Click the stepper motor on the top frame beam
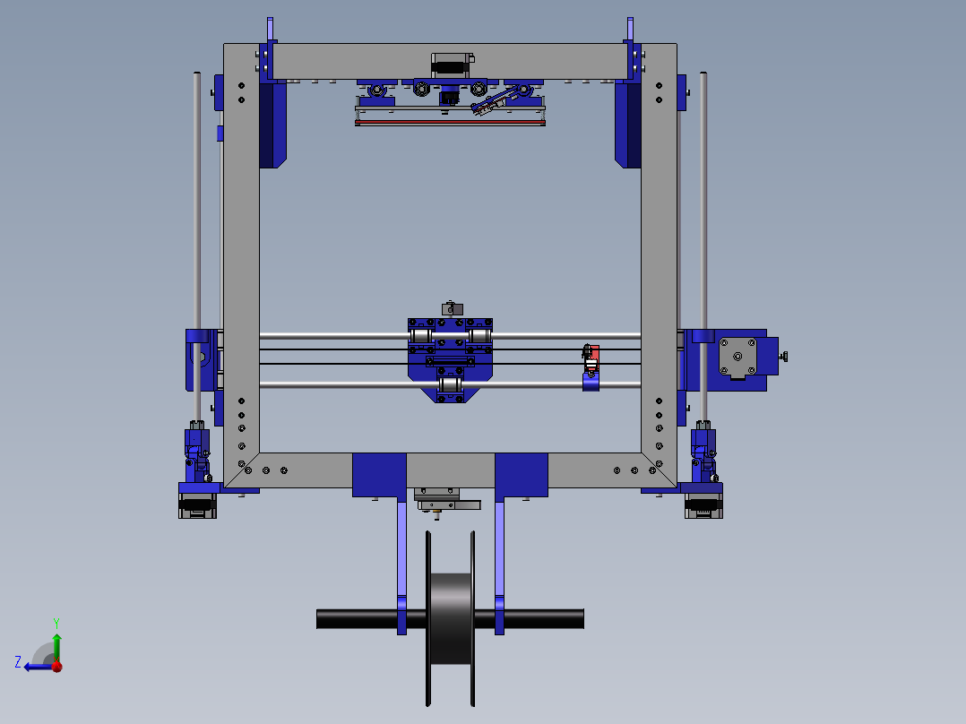pyautogui.click(x=450, y=65)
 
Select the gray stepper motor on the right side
pyautogui.click(x=737, y=357)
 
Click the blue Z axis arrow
pyautogui.click(x=36, y=666)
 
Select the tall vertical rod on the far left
pyautogui.click(x=197, y=206)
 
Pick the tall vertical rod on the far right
pyautogui.click(x=703, y=206)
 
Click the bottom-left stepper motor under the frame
pyautogui.click(x=197, y=505)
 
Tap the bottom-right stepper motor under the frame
pyautogui.click(x=703, y=505)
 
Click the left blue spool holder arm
pyautogui.click(x=401, y=565)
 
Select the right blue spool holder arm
pyautogui.click(x=499, y=565)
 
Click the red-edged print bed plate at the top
pyautogui.click(x=450, y=122)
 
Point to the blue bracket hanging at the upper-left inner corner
pyautogui.click(x=272, y=125)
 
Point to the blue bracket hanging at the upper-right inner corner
pyautogui.click(x=628, y=125)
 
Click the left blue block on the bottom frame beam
pyautogui.click(x=379, y=474)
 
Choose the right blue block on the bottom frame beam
pyautogui.click(x=522, y=474)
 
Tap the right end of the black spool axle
pyautogui.click(x=574, y=618)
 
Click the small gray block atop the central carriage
pyautogui.click(x=451, y=308)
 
